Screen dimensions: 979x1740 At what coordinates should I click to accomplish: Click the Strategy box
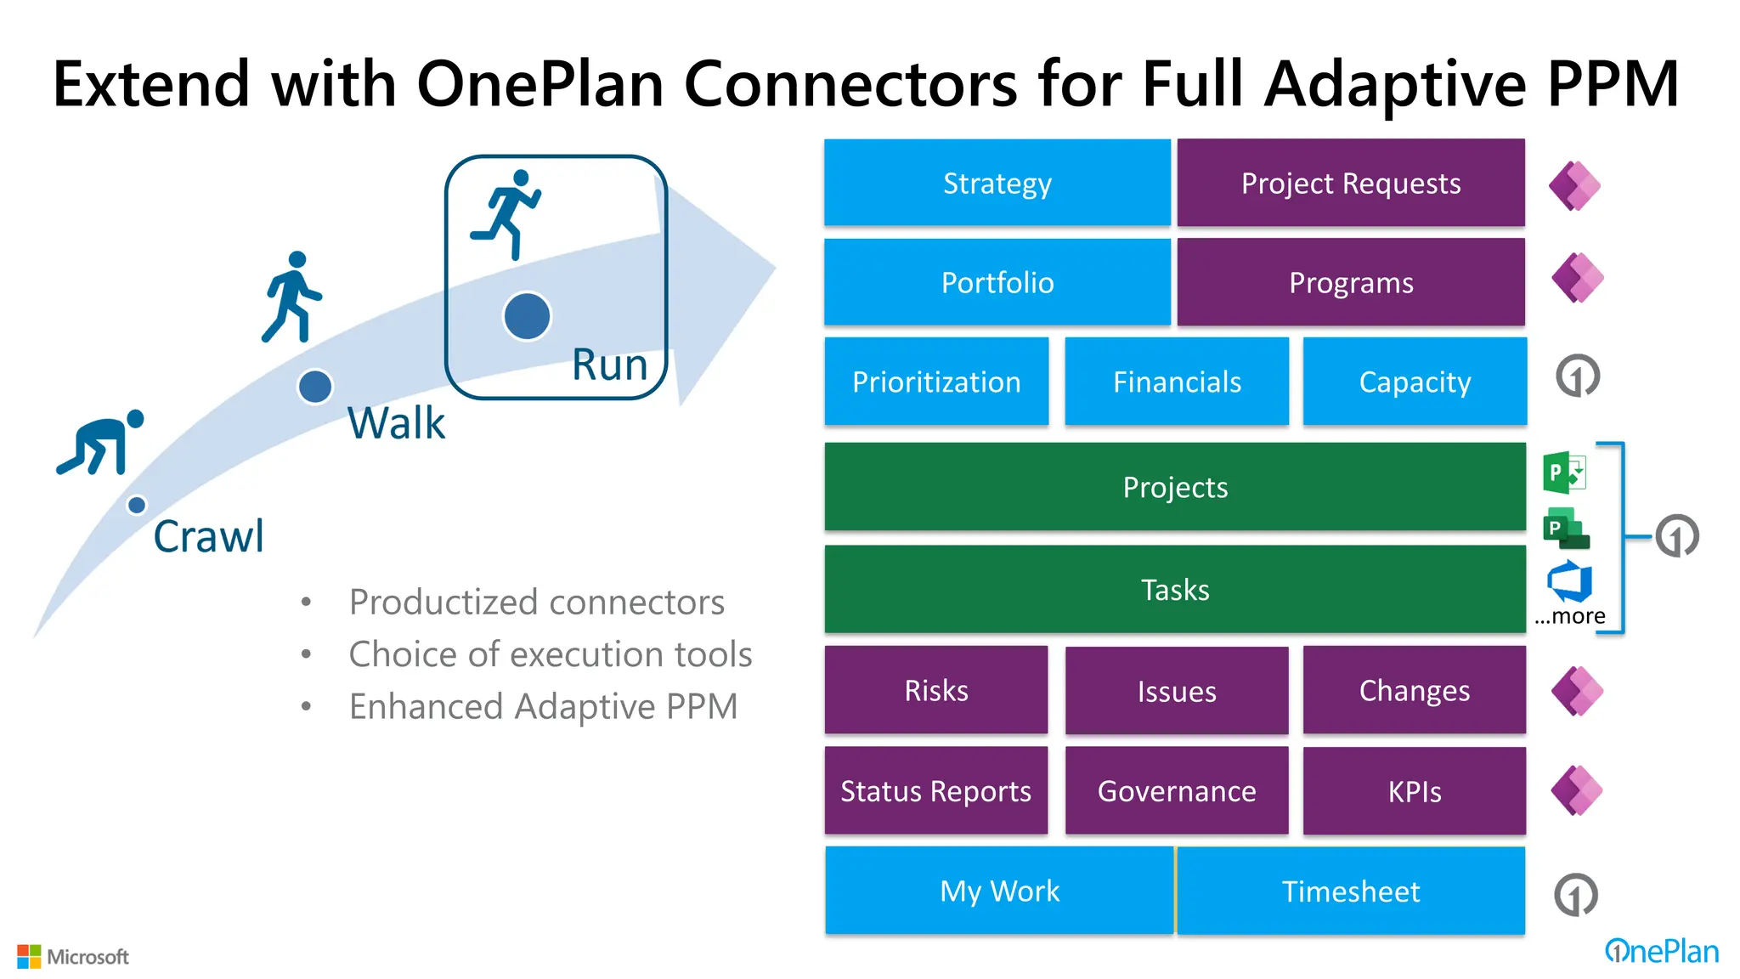click(997, 183)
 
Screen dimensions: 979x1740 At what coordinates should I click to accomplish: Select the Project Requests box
click(1350, 183)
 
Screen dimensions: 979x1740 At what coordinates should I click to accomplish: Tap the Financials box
click(1177, 382)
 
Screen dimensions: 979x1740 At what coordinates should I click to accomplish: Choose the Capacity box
click(1415, 382)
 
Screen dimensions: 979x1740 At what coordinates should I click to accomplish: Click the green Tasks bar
click(1175, 589)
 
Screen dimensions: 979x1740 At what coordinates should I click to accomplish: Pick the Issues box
click(1177, 691)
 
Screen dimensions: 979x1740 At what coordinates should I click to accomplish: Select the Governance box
click(1177, 791)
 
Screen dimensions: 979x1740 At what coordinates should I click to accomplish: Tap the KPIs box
click(1415, 791)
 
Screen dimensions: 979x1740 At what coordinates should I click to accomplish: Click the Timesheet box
click(1350, 891)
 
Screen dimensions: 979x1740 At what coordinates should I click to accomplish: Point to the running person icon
click(507, 213)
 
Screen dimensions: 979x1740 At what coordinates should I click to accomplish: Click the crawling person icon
click(100, 442)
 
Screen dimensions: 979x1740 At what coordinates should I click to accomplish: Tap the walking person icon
click(291, 297)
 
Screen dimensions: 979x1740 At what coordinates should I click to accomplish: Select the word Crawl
click(208, 536)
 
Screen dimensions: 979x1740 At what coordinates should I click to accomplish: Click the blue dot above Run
click(527, 316)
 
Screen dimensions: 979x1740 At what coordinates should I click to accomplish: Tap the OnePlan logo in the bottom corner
click(1661, 951)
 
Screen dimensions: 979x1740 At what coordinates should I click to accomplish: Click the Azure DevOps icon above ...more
click(1568, 581)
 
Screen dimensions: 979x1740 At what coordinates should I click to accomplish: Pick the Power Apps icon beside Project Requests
click(1574, 185)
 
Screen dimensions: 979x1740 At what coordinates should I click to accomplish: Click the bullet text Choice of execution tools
click(550, 654)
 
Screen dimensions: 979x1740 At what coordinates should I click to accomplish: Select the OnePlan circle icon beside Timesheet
click(1576, 894)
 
